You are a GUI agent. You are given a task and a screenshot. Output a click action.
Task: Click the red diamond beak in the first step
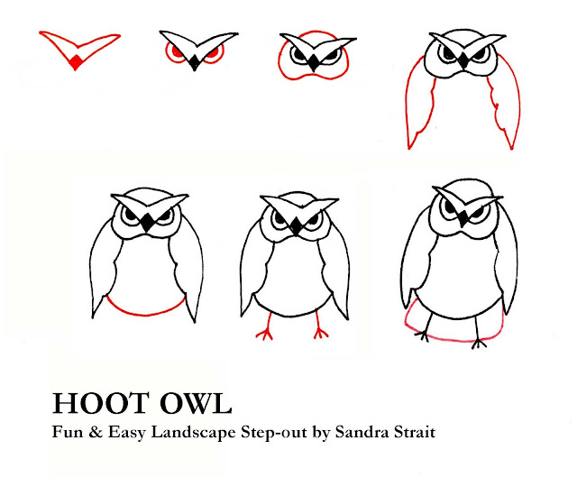click(76, 61)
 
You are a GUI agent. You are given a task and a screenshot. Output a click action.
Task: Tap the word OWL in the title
click(196, 404)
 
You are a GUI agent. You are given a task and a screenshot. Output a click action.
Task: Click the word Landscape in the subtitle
click(193, 433)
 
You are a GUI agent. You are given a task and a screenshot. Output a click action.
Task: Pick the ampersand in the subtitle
click(96, 432)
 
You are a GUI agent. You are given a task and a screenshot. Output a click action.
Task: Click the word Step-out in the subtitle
click(274, 433)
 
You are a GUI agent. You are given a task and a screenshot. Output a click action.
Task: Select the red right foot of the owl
click(319, 326)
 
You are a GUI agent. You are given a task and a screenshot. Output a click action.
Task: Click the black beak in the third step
click(313, 62)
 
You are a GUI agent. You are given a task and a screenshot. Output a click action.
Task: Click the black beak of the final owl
click(463, 218)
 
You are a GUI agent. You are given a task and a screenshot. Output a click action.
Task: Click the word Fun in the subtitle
click(68, 432)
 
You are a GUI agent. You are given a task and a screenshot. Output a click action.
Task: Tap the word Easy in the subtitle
click(126, 433)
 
